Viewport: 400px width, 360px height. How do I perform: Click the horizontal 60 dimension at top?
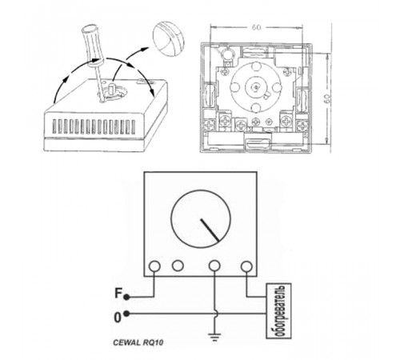256,27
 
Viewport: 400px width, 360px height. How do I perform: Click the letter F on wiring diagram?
118,293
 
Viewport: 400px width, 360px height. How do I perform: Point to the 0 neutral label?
118,318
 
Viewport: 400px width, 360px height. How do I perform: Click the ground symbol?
215,337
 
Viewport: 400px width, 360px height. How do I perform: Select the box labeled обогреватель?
278,311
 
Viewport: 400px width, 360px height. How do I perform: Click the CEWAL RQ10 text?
138,342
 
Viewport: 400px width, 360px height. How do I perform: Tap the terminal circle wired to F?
154,266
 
